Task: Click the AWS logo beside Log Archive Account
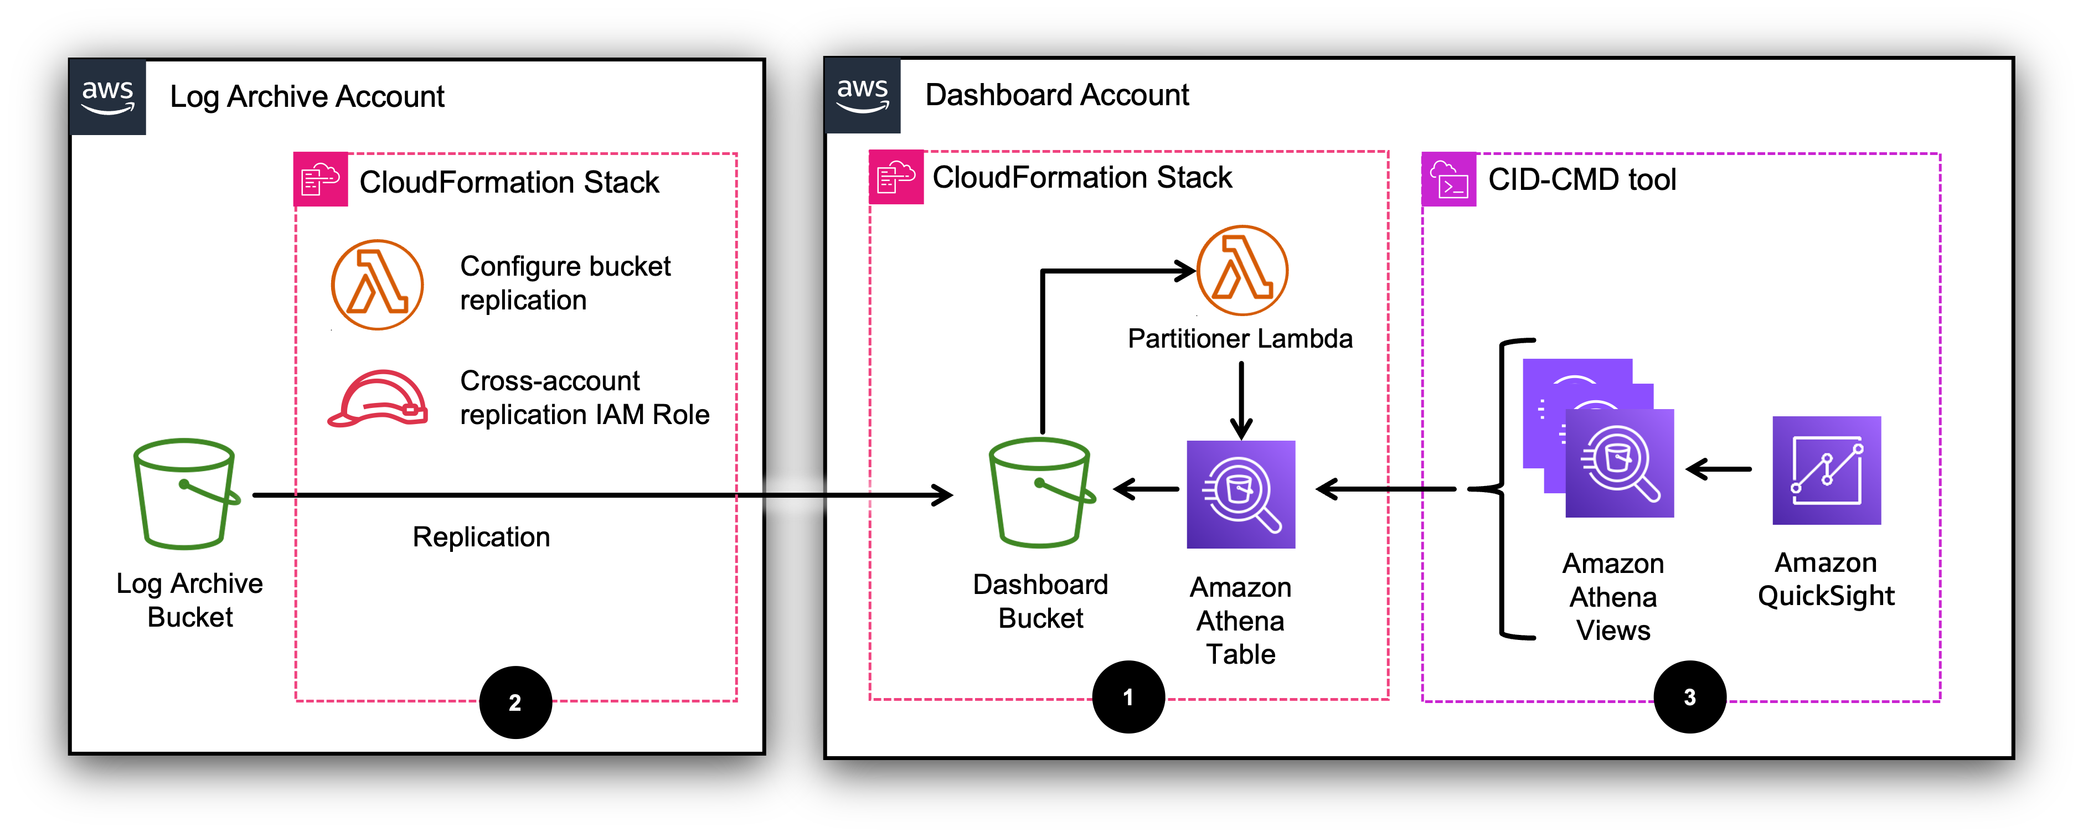click(107, 97)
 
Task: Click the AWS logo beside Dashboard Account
click(862, 95)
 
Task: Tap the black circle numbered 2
click(515, 702)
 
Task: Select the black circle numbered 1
click(1128, 697)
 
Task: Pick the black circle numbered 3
click(1689, 697)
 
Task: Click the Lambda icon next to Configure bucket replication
click(377, 285)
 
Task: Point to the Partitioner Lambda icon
click(1241, 271)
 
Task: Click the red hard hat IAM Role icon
click(378, 398)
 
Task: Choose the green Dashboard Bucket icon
click(1041, 493)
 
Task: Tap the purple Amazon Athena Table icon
click(1240, 494)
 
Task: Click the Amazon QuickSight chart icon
click(1826, 470)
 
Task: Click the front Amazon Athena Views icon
click(1619, 463)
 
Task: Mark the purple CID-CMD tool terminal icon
click(1448, 179)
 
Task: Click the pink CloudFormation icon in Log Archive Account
click(320, 179)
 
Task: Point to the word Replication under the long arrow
click(481, 537)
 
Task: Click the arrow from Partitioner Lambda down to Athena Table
click(1241, 400)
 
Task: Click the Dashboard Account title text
click(1056, 95)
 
